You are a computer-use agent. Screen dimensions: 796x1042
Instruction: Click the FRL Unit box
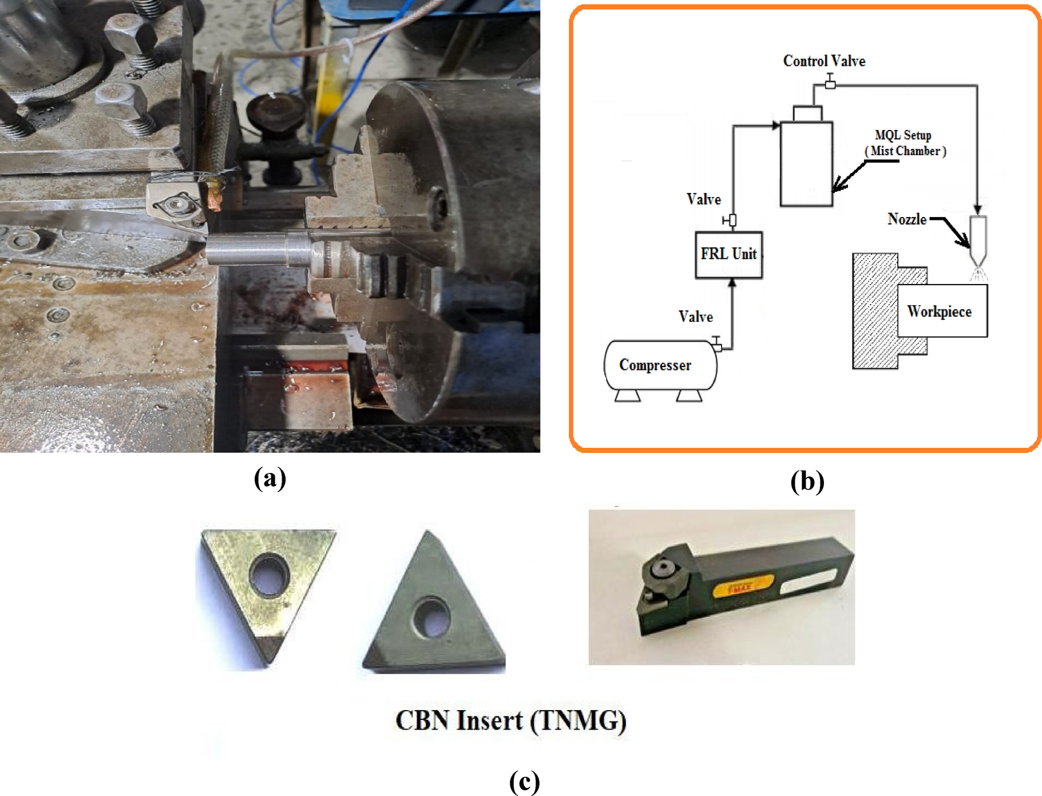728,255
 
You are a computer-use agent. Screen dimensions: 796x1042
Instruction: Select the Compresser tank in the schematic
659,365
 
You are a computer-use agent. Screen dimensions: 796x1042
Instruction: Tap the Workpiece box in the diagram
941,311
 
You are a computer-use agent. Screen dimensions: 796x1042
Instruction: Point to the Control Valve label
823,61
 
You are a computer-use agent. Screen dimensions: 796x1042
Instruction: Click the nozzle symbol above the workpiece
978,238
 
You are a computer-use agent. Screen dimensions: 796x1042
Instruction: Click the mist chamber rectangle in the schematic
806,164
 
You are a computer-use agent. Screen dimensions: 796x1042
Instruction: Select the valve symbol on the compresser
716,344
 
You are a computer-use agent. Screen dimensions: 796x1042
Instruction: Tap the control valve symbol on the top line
830,84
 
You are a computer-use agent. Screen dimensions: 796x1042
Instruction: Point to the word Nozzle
906,219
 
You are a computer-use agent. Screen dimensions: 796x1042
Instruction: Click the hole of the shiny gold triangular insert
269,574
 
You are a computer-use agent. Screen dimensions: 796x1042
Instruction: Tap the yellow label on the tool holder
742,588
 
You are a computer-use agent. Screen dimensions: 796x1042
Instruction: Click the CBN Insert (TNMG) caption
510,720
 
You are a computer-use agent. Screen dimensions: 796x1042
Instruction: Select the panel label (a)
270,478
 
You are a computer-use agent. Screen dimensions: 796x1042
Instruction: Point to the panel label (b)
807,481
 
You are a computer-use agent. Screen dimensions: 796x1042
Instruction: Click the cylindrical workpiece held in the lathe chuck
252,249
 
